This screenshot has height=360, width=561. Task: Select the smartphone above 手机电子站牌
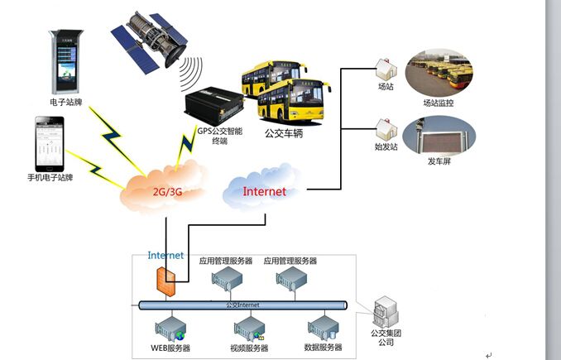[x=49, y=143]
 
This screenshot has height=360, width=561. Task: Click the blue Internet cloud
[x=263, y=190]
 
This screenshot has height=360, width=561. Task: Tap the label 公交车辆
[x=283, y=132]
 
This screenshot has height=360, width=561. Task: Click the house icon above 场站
[x=385, y=68]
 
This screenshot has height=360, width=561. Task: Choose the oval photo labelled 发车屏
[x=438, y=136]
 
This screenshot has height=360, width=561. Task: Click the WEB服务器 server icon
[x=172, y=329]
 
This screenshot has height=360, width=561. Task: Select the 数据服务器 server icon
[x=324, y=329]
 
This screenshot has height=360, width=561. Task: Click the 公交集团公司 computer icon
[x=385, y=313]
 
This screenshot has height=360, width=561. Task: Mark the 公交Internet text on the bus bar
[x=242, y=305]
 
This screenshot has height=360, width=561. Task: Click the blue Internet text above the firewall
[x=165, y=256]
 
